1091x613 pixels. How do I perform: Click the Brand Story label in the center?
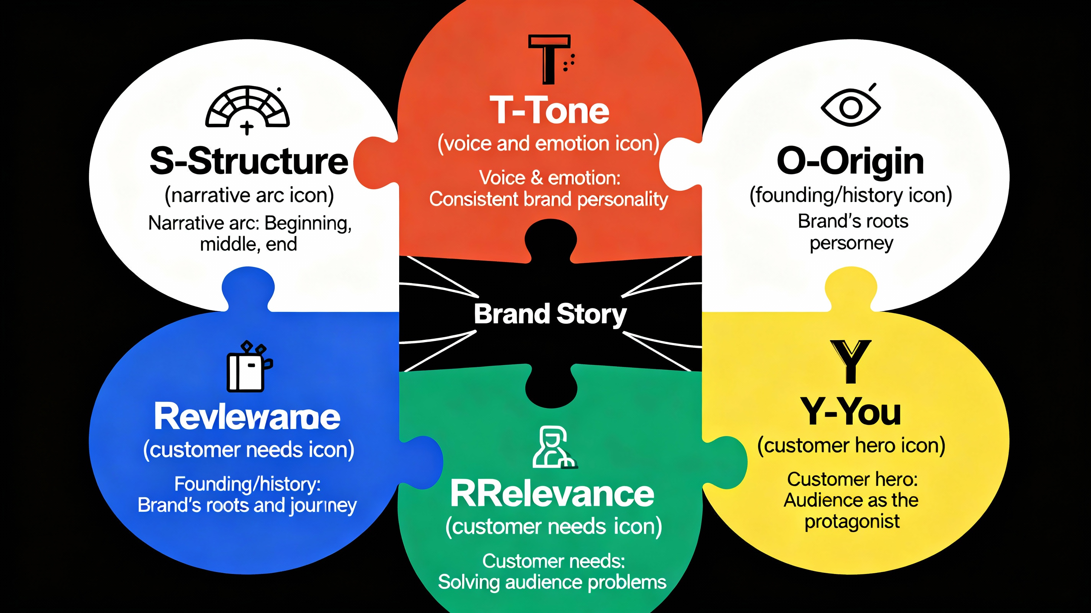click(550, 314)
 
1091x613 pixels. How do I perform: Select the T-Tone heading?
click(549, 111)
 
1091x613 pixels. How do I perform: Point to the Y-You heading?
click(850, 412)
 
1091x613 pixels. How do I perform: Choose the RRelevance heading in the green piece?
click(552, 494)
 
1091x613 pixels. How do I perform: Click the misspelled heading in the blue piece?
click(247, 417)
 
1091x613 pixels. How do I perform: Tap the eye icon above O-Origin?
click(850, 106)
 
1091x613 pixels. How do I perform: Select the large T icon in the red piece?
click(549, 59)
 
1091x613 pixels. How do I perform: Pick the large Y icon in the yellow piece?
click(850, 361)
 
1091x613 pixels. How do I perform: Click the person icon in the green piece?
click(553, 448)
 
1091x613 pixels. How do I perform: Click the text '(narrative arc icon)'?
click(249, 195)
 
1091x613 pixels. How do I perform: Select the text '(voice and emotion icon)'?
click(549, 144)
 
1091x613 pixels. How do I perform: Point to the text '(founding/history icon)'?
click(850, 195)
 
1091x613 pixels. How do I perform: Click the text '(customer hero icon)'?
click(851, 446)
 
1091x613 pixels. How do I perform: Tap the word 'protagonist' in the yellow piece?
click(852, 521)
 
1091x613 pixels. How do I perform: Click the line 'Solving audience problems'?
click(552, 582)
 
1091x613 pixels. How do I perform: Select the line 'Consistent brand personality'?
click(549, 200)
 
